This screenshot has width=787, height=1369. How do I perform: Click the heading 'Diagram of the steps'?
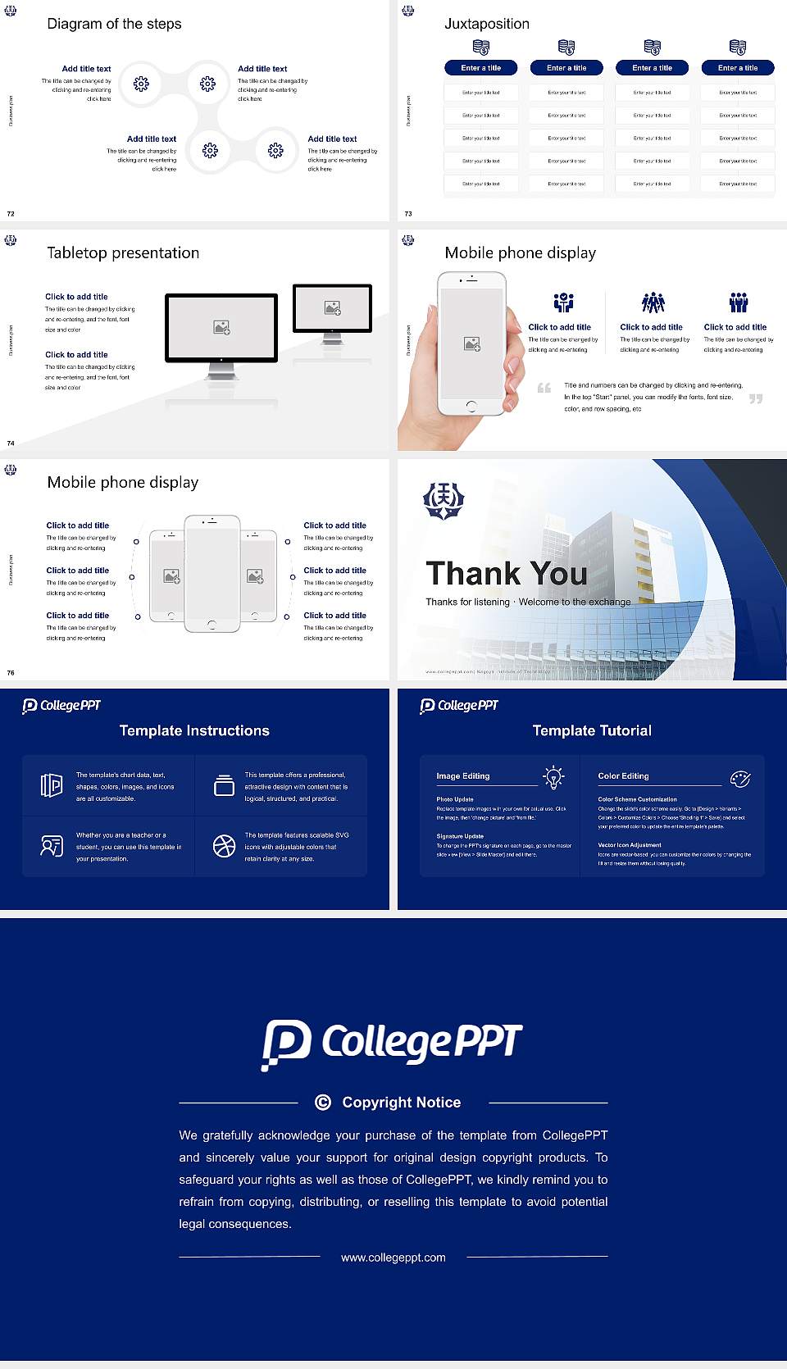(114, 24)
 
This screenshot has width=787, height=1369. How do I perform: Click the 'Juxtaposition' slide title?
(486, 24)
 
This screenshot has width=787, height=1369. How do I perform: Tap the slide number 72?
(11, 213)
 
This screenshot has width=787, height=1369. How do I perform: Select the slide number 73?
(408, 213)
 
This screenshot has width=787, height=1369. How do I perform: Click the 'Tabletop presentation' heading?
(123, 252)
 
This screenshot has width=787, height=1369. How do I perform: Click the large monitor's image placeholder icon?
(221, 327)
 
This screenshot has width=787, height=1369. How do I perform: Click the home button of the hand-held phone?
(471, 406)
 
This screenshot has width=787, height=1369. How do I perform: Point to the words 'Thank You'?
(507, 573)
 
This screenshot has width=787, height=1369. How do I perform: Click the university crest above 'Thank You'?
(444, 500)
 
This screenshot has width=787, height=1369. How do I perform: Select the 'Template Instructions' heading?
(194, 730)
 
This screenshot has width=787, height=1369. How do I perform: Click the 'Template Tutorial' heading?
(592, 730)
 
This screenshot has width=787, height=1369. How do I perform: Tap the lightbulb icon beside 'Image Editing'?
(553, 777)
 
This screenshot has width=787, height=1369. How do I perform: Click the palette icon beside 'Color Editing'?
(740, 778)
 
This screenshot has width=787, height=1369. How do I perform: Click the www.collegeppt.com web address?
(393, 1258)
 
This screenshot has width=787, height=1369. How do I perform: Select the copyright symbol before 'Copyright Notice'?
(323, 1103)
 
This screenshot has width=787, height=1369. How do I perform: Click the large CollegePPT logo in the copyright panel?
(392, 1044)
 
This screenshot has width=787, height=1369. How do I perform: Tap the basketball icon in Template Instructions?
(224, 846)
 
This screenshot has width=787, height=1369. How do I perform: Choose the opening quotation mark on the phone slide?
(544, 388)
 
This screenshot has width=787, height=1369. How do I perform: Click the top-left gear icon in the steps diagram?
(141, 83)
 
